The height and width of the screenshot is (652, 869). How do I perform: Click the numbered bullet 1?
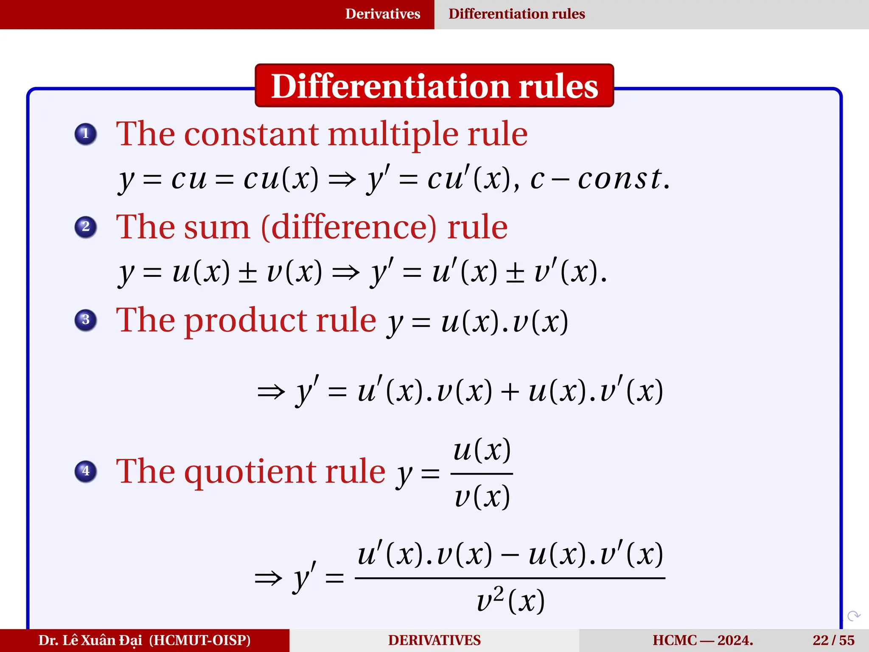point(86,134)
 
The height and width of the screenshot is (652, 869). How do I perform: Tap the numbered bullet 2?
point(86,227)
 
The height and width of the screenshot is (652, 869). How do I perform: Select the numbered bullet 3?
point(86,320)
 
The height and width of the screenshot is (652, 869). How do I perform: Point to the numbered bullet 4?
point(86,471)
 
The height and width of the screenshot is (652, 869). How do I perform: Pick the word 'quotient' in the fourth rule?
point(250,472)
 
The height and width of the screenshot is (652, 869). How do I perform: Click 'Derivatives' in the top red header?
point(382,14)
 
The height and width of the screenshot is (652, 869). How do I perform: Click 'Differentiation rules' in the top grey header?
point(516,14)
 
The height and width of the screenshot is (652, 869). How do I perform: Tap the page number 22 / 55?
point(833,640)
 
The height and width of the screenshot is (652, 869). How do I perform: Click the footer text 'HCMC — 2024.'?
point(703,640)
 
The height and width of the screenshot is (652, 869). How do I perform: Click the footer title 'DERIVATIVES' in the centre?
point(434,640)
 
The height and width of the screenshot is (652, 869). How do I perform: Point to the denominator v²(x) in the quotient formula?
point(510,601)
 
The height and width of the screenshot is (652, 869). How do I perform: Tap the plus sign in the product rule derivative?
point(510,391)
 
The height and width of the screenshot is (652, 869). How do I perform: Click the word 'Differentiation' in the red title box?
point(389,86)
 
